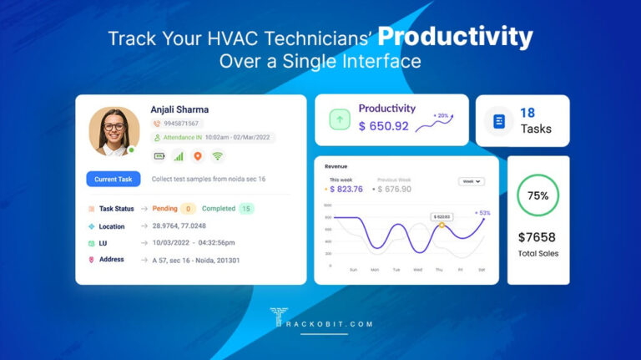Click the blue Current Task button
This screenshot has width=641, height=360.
[113, 179]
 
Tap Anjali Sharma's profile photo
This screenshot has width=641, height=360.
[114, 131]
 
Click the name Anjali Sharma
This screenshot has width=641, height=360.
[179, 109]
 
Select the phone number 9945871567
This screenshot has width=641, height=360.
[180, 124]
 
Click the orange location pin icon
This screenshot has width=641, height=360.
[198, 155]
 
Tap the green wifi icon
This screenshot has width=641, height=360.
[218, 155]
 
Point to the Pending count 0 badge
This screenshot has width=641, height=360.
[188, 209]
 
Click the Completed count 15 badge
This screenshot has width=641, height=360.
[246, 209]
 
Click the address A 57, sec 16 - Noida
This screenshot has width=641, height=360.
[196, 260]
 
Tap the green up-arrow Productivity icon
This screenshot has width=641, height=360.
[341, 120]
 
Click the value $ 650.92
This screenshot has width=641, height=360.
[384, 126]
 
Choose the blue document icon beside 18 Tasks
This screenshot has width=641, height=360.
[498, 121]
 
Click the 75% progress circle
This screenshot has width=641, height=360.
[538, 195]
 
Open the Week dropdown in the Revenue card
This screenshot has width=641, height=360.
[472, 180]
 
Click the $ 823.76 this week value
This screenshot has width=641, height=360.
[346, 190]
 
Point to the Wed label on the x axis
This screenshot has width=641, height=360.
[417, 270]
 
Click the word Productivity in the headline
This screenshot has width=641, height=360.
[455, 37]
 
